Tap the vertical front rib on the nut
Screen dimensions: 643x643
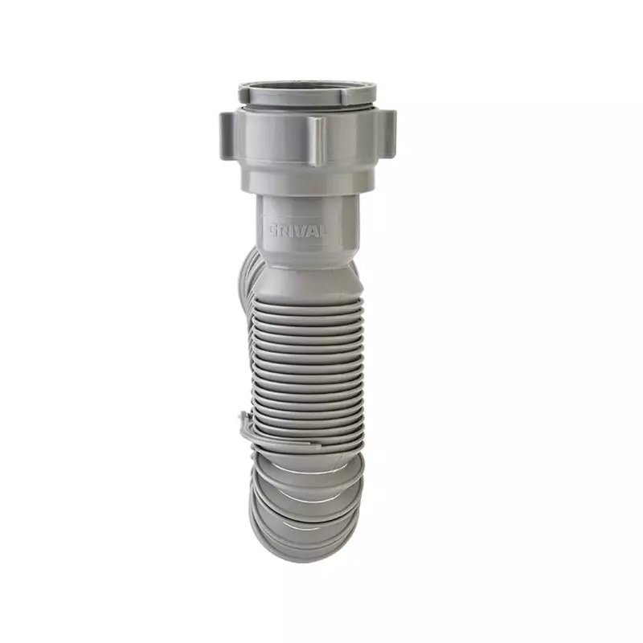[317, 141]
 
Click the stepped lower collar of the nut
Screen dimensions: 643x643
[309, 180]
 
